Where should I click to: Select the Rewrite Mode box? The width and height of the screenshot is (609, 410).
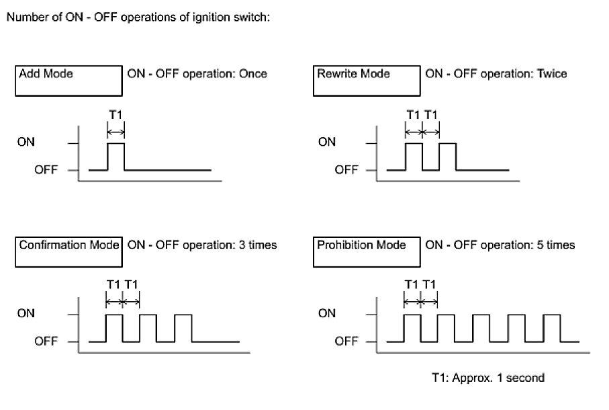point(366,81)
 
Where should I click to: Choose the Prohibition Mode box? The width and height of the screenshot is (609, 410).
point(366,251)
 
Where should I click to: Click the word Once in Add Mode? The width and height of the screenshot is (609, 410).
point(252,73)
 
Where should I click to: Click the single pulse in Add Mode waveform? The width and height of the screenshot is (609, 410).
point(116,156)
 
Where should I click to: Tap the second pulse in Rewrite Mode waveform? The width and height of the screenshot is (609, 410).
point(448,156)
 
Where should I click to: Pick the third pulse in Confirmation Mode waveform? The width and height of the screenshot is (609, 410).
point(183,328)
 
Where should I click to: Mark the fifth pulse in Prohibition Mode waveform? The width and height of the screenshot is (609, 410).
point(551,328)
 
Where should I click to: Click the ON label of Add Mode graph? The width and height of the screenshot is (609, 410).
point(28,142)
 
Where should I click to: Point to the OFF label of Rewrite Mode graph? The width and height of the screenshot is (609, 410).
point(346,170)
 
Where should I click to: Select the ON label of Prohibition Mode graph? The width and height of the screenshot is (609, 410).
point(326,313)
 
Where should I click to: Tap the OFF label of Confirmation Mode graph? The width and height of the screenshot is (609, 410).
point(46,341)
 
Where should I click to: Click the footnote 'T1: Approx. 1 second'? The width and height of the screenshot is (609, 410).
point(487,378)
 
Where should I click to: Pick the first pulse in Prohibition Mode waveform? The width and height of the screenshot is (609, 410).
point(412,328)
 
